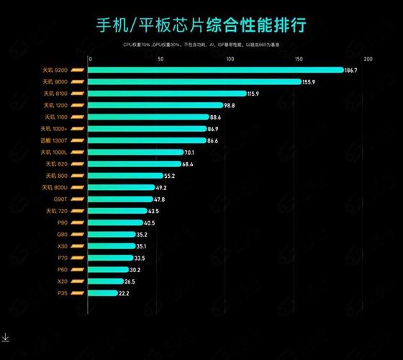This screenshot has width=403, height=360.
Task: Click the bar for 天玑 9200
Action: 216,70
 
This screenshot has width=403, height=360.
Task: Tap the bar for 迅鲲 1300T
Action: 147,140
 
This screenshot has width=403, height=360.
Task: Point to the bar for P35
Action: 103,293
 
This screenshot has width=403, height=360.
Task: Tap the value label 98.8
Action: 230,105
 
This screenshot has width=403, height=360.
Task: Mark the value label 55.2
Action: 170,176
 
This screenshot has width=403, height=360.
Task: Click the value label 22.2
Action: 124,293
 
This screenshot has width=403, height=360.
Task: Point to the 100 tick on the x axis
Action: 229,59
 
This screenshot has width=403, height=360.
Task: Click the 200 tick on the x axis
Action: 368,59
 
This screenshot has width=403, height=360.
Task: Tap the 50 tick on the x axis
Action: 159,59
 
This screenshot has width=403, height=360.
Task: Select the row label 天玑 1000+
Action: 55,129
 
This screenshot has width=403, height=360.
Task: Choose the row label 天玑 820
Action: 56,164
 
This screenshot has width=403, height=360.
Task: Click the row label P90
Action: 62,222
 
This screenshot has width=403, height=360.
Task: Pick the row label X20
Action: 62,282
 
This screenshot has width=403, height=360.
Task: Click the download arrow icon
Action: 5,336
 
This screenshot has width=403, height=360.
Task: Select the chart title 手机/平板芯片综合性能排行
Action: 201,27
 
